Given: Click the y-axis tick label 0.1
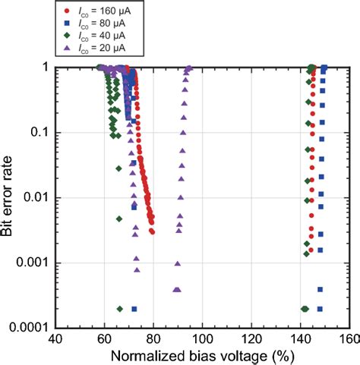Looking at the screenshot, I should click(40, 133).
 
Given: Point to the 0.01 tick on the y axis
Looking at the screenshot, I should click(37, 198).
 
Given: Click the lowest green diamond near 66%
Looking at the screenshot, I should click(120, 309).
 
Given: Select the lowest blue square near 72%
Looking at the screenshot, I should click(134, 309).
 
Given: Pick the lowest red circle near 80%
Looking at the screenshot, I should click(153, 231).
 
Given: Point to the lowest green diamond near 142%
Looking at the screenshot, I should click(305, 309).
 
